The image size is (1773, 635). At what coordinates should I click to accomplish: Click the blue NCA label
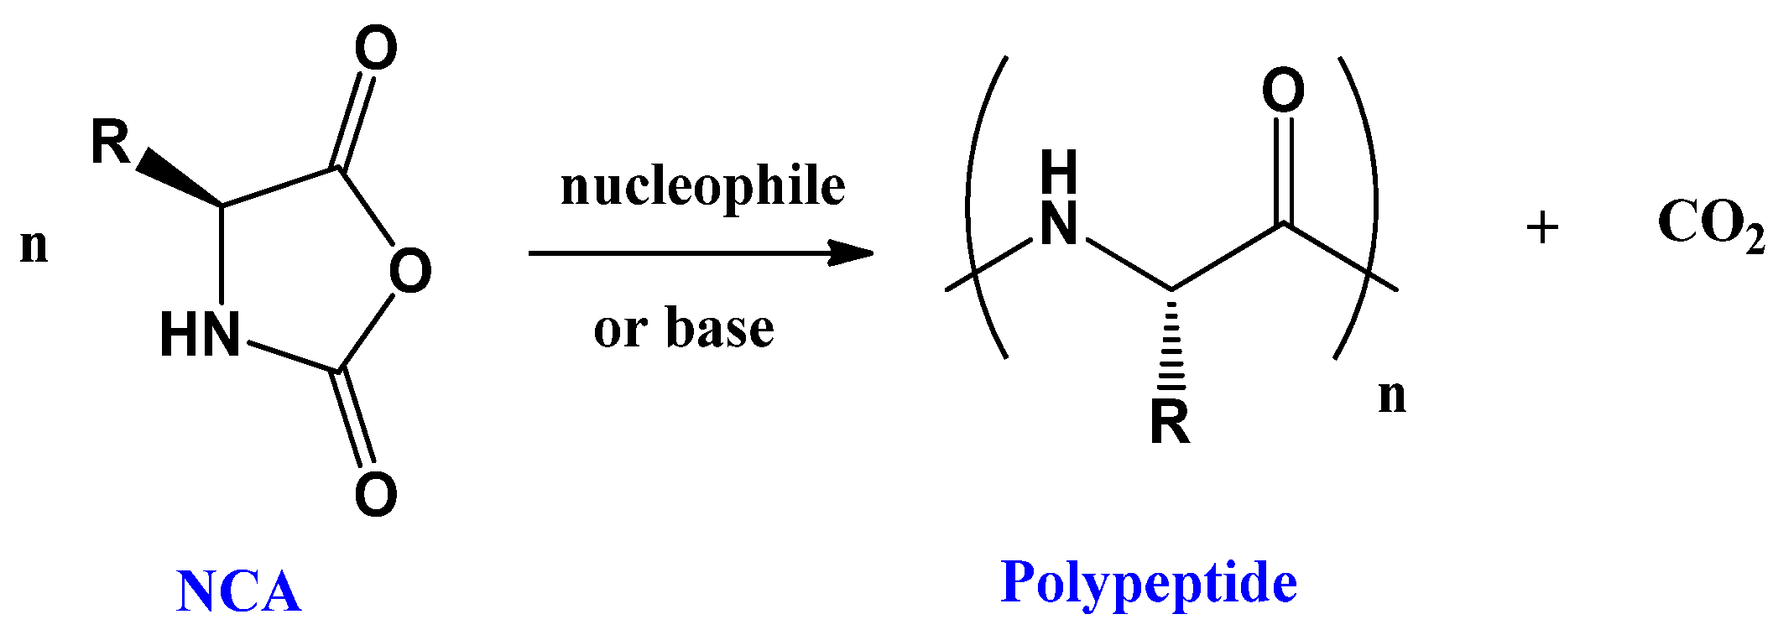click(238, 592)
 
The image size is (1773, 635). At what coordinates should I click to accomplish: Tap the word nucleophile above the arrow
click(702, 186)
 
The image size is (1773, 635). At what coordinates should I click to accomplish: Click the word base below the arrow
click(719, 328)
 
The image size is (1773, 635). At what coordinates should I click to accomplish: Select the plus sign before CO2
click(1542, 227)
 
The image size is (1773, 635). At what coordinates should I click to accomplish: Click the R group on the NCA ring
click(110, 143)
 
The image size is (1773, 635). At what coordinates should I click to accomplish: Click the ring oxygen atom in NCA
click(410, 271)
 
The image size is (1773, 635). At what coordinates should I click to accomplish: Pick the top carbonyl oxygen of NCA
click(375, 48)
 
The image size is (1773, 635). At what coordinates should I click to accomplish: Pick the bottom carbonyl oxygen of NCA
click(375, 494)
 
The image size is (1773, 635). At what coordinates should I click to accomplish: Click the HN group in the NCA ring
click(200, 334)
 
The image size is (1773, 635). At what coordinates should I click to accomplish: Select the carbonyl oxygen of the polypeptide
click(1283, 91)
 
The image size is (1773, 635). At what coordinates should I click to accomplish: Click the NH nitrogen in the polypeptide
click(1058, 225)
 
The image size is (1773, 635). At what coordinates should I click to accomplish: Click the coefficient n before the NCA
click(34, 247)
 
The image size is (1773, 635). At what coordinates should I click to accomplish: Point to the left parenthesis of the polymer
click(978, 206)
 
